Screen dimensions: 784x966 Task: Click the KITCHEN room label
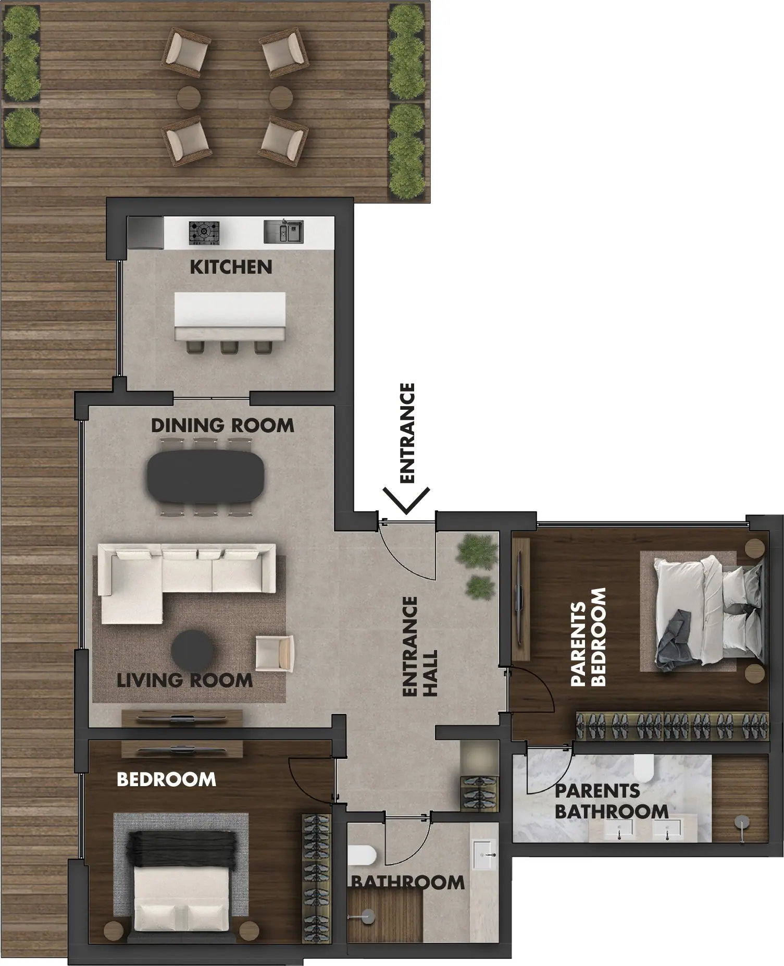(231, 267)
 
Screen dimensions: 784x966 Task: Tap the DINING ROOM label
(222, 425)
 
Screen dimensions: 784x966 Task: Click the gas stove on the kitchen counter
(204, 233)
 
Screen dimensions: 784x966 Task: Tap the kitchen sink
(283, 231)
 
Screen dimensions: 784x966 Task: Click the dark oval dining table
(206, 476)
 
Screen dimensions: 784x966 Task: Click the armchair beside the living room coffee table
(275, 653)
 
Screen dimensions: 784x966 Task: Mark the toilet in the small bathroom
(361, 850)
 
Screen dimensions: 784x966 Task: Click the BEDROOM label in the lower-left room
(166, 779)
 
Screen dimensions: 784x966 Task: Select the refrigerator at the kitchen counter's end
(146, 233)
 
